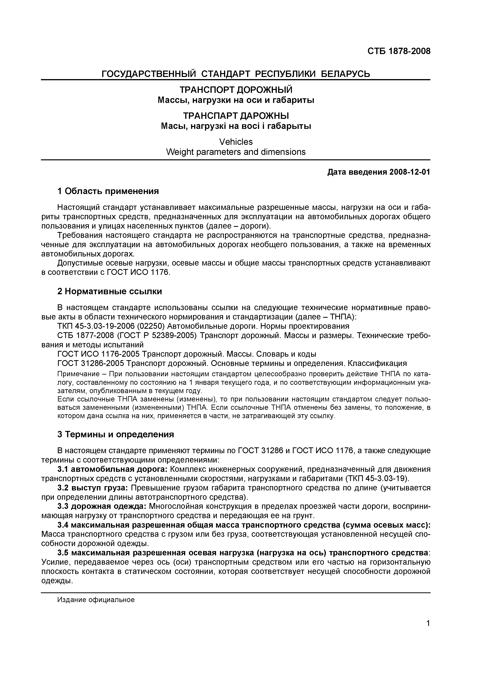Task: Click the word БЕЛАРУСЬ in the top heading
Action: [x=346, y=74]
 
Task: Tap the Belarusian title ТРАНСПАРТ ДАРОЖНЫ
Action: [x=236, y=116]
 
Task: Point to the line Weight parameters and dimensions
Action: [x=236, y=152]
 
